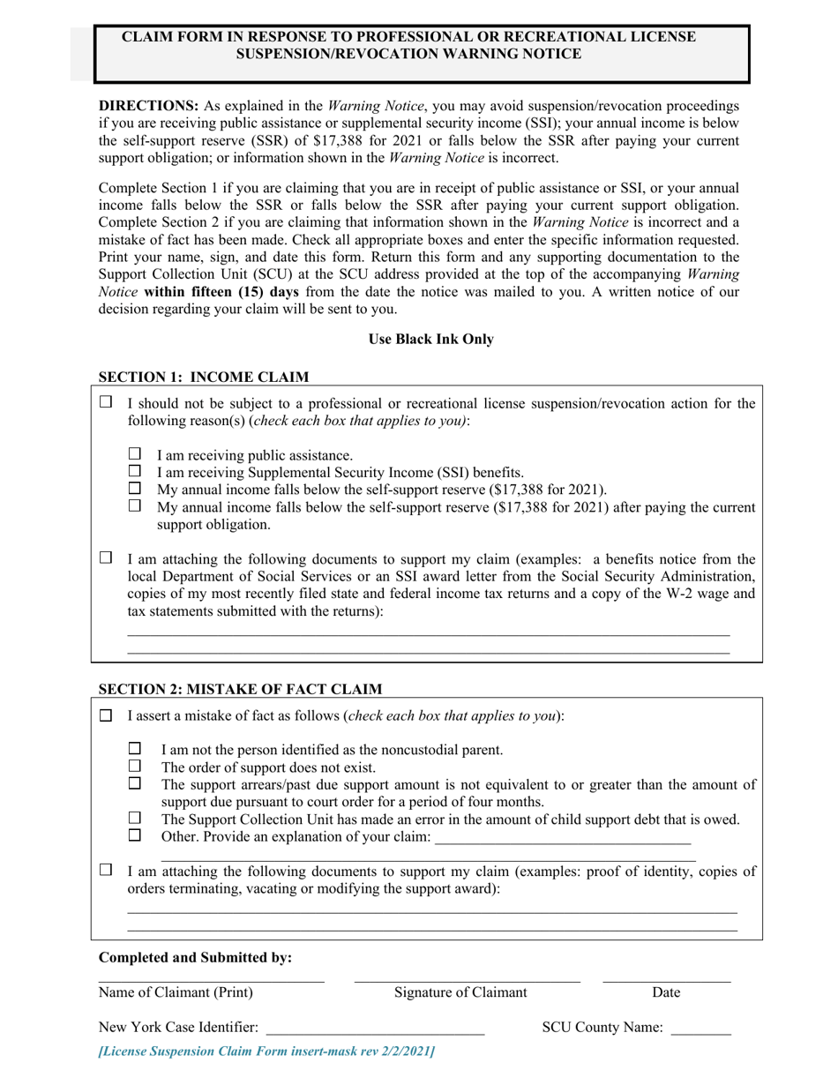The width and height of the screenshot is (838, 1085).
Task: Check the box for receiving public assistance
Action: click(135, 453)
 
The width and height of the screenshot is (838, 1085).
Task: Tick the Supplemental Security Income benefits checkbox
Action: click(135, 471)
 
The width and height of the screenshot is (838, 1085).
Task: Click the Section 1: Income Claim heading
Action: click(203, 378)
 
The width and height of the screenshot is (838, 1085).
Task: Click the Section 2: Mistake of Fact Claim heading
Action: click(240, 689)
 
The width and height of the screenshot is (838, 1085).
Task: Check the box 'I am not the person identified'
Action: click(135, 748)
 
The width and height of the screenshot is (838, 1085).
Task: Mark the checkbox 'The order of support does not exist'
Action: click(135, 766)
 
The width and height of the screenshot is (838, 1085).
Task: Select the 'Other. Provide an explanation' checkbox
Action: click(135, 834)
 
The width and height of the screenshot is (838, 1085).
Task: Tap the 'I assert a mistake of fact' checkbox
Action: click(106, 715)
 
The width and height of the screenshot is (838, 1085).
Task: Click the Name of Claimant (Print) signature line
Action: click(211, 978)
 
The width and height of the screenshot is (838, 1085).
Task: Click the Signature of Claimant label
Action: click(460, 992)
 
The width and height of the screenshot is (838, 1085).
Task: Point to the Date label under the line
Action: click(666, 992)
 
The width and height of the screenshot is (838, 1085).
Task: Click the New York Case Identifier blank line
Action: click(375, 1029)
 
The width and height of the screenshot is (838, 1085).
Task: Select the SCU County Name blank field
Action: click(700, 1029)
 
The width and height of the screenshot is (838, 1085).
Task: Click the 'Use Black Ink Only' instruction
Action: click(431, 339)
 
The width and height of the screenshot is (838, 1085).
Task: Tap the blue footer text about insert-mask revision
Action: click(267, 1051)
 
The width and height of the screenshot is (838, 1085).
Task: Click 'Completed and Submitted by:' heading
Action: click(195, 957)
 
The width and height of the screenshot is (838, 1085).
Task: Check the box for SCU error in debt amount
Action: click(135, 818)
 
